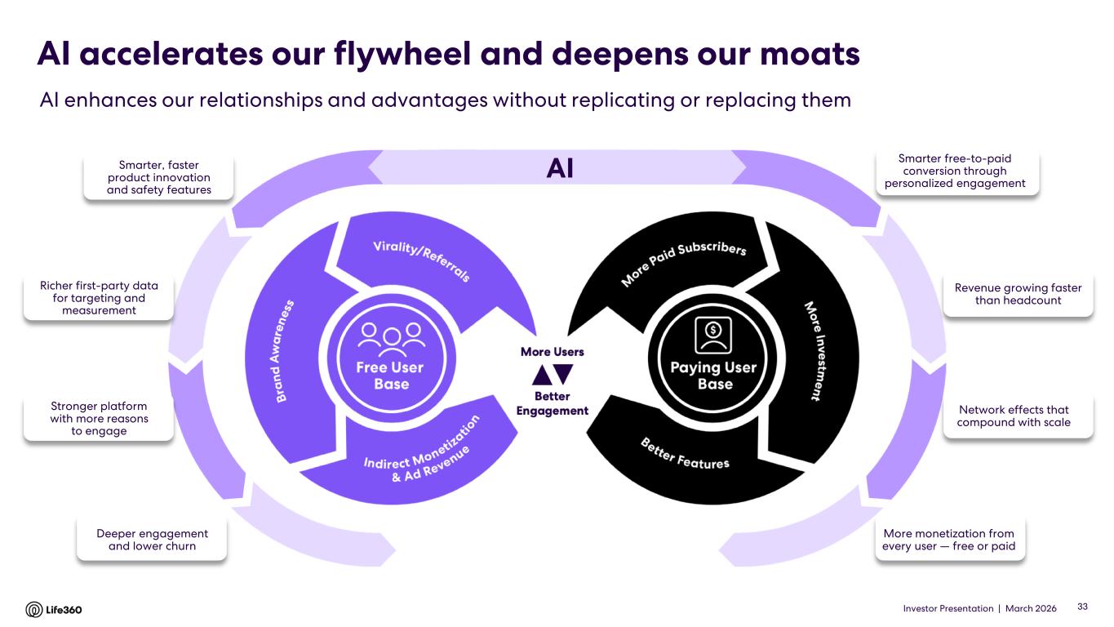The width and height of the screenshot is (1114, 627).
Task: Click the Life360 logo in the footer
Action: coord(54,609)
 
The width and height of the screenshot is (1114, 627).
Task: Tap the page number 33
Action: coord(1083,607)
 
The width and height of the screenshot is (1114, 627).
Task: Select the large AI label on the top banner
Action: coord(560,168)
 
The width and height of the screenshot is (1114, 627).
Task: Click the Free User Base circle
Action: coord(391,360)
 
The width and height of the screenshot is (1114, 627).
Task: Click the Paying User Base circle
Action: coord(712,360)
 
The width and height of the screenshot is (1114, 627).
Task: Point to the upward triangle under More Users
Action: coord(540,374)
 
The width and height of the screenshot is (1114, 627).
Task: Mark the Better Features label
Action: coord(685,453)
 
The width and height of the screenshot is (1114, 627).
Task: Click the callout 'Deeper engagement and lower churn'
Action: coord(152,540)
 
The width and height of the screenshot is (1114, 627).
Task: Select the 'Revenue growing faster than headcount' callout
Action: coord(1018,294)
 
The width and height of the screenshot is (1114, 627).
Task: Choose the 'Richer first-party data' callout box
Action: coord(99,298)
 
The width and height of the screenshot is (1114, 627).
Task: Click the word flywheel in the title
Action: coord(412,54)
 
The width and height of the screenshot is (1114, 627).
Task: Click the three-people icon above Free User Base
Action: coord(391,335)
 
